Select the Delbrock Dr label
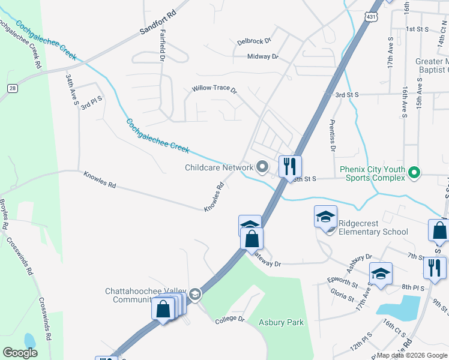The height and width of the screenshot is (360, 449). (254, 41)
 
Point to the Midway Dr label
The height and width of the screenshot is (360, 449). (263, 56)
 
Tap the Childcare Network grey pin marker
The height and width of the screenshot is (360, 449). (262, 167)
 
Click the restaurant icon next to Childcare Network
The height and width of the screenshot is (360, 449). (290, 166)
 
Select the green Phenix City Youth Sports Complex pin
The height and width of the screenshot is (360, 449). (414, 173)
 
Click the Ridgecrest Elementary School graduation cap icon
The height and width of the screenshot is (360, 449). (325, 217)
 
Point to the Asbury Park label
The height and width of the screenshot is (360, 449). (281, 322)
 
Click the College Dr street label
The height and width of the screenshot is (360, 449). (230, 319)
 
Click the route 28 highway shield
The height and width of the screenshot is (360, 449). (12, 88)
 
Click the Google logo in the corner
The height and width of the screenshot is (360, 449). (20, 352)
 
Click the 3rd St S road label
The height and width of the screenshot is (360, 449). (346, 95)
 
